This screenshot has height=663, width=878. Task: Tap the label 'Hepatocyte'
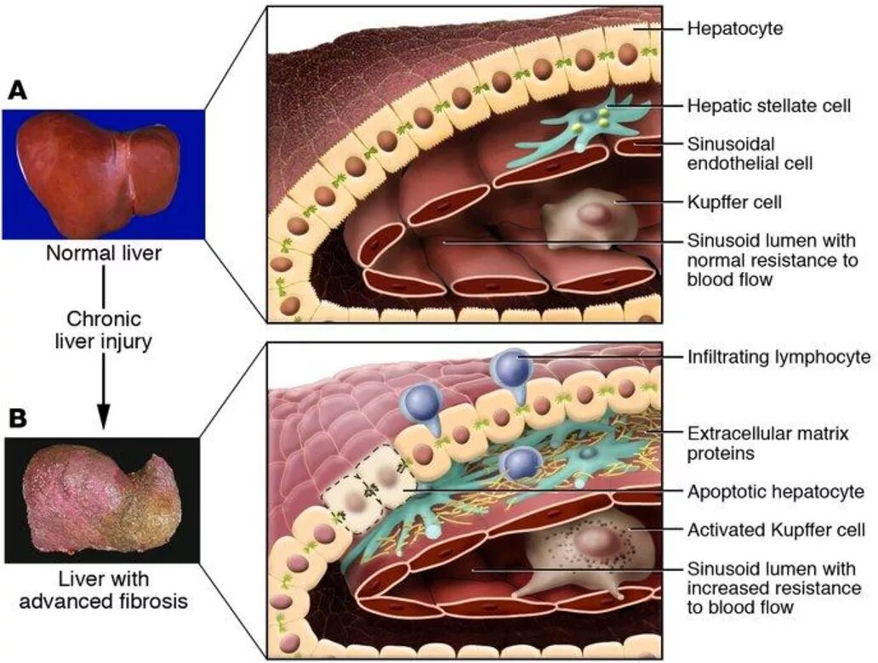[x=735, y=29]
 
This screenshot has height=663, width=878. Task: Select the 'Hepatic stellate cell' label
[x=769, y=106]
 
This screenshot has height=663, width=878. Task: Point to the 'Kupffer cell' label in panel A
[x=733, y=202]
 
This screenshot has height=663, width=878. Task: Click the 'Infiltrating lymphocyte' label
[x=778, y=357]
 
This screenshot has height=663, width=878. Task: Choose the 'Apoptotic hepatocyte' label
[x=776, y=491]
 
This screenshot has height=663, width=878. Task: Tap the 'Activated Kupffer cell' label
[x=776, y=530]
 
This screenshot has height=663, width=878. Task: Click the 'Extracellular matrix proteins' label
[x=767, y=444]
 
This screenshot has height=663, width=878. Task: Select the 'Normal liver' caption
[x=103, y=253]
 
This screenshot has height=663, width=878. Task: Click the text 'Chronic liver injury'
[x=103, y=332]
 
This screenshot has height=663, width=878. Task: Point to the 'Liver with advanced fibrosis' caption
[x=103, y=591]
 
